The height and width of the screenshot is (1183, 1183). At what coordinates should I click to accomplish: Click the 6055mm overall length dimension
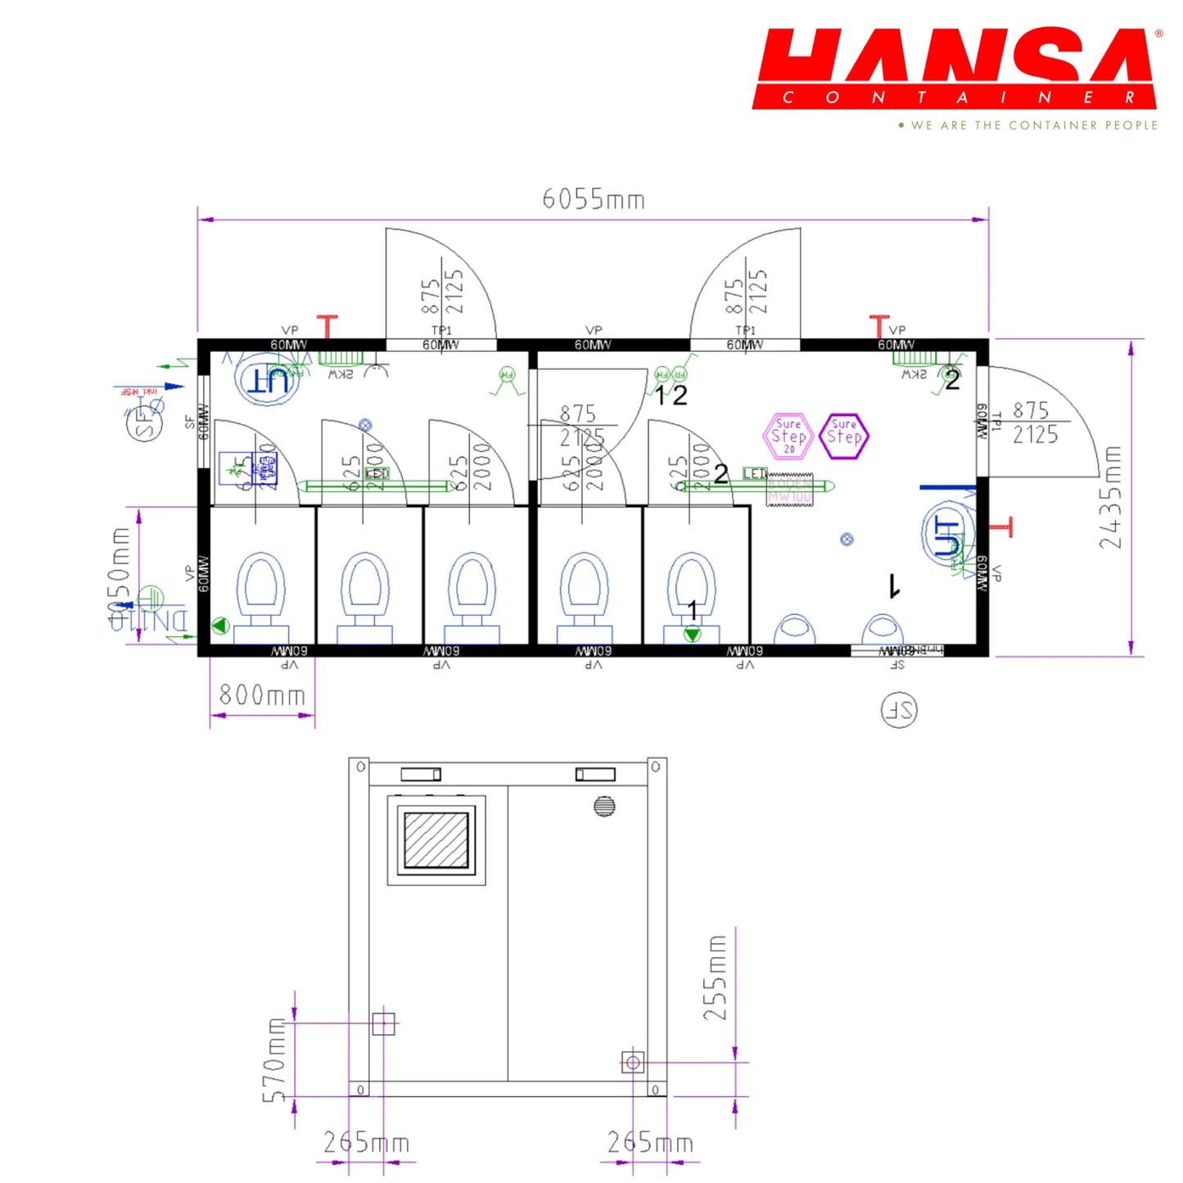pyautogui.click(x=594, y=199)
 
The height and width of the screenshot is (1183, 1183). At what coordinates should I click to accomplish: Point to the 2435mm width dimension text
pyautogui.click(x=1110, y=497)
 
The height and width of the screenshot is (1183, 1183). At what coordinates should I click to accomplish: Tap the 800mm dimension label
pyautogui.click(x=262, y=695)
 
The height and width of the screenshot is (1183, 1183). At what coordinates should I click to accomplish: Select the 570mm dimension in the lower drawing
pyautogui.click(x=275, y=1060)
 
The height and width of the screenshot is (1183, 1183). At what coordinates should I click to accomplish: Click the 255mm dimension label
pyautogui.click(x=716, y=978)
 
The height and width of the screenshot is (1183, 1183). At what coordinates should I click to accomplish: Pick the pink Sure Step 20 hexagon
pyautogui.click(x=788, y=436)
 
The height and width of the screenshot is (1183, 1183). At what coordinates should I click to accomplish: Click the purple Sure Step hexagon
pyautogui.click(x=844, y=436)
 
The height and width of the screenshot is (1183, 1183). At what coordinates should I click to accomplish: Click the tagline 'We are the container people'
pyautogui.click(x=1033, y=125)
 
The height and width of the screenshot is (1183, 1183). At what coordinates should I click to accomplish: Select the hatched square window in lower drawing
pyautogui.click(x=436, y=840)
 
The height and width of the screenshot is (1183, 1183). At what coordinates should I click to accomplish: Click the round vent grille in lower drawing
pyautogui.click(x=604, y=806)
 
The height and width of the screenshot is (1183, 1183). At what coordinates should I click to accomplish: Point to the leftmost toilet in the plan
pyautogui.click(x=261, y=594)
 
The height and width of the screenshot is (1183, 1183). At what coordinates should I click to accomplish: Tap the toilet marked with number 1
pyautogui.click(x=692, y=594)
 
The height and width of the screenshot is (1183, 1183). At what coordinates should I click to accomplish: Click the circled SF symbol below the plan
pyautogui.click(x=899, y=710)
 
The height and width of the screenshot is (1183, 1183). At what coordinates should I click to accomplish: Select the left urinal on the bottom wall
pyautogui.click(x=794, y=629)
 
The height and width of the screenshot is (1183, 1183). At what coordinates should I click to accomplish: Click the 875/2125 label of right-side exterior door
pyautogui.click(x=1035, y=422)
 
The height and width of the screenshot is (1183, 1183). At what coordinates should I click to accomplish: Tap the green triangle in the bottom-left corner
pyautogui.click(x=219, y=626)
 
